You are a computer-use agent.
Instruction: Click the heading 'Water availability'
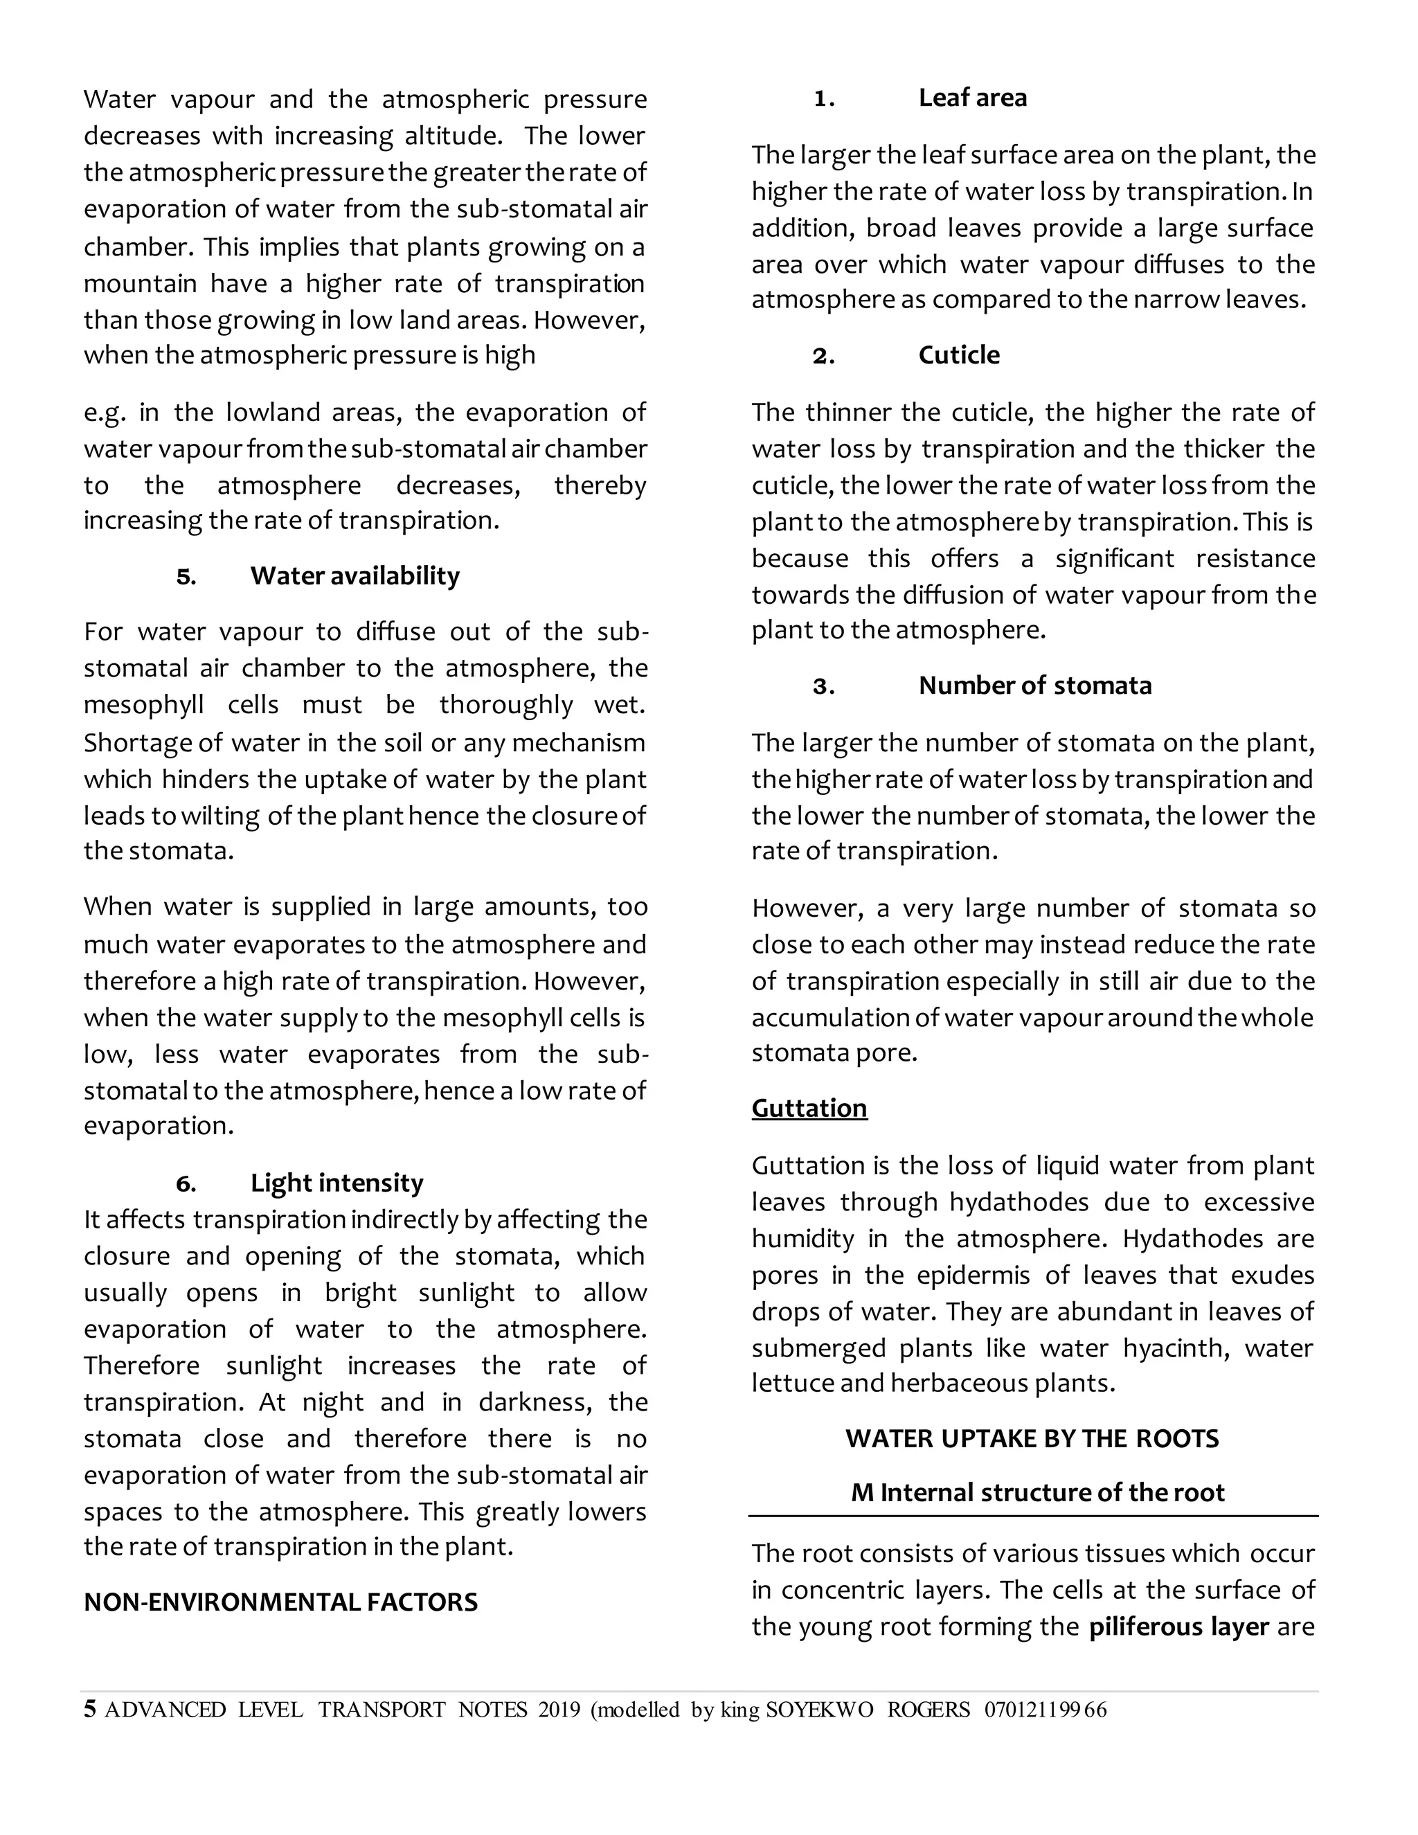pyautogui.click(x=354, y=575)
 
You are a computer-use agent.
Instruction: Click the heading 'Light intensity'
pyautogui.click(x=337, y=1183)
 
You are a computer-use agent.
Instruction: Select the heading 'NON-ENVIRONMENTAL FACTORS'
pyautogui.click(x=280, y=1602)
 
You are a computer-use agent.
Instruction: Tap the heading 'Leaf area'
pyautogui.click(x=972, y=98)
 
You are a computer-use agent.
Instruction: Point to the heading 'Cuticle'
pyautogui.click(x=958, y=355)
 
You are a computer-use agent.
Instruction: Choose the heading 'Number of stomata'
pyautogui.click(x=1034, y=685)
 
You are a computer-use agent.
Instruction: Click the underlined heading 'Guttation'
pyautogui.click(x=809, y=1108)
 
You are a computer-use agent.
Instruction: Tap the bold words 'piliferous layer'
pyautogui.click(x=1178, y=1627)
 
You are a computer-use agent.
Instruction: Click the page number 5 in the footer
pyautogui.click(x=90, y=1709)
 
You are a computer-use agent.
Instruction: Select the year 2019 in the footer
pyautogui.click(x=559, y=1710)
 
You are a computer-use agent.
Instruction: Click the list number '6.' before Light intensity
pyautogui.click(x=186, y=1184)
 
